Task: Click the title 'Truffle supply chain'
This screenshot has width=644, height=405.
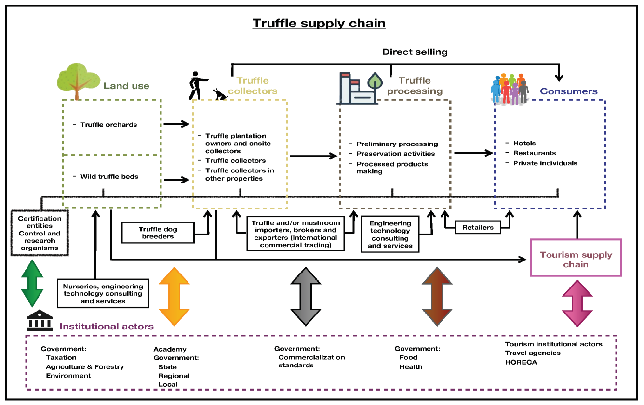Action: point(319,24)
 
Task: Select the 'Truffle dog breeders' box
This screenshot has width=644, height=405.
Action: point(158,233)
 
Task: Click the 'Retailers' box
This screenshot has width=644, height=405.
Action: point(478,227)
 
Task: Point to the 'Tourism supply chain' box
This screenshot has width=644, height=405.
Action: point(576,260)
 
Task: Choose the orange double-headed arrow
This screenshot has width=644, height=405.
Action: point(174,296)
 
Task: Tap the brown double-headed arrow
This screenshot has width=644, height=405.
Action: point(437,296)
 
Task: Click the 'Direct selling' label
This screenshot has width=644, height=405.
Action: point(415,52)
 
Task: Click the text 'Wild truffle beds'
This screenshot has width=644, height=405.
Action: point(109,177)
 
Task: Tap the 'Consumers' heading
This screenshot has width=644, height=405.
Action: point(568,91)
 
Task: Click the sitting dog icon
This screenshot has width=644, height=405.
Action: point(220,93)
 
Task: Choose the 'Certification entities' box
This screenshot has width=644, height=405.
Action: point(40,233)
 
